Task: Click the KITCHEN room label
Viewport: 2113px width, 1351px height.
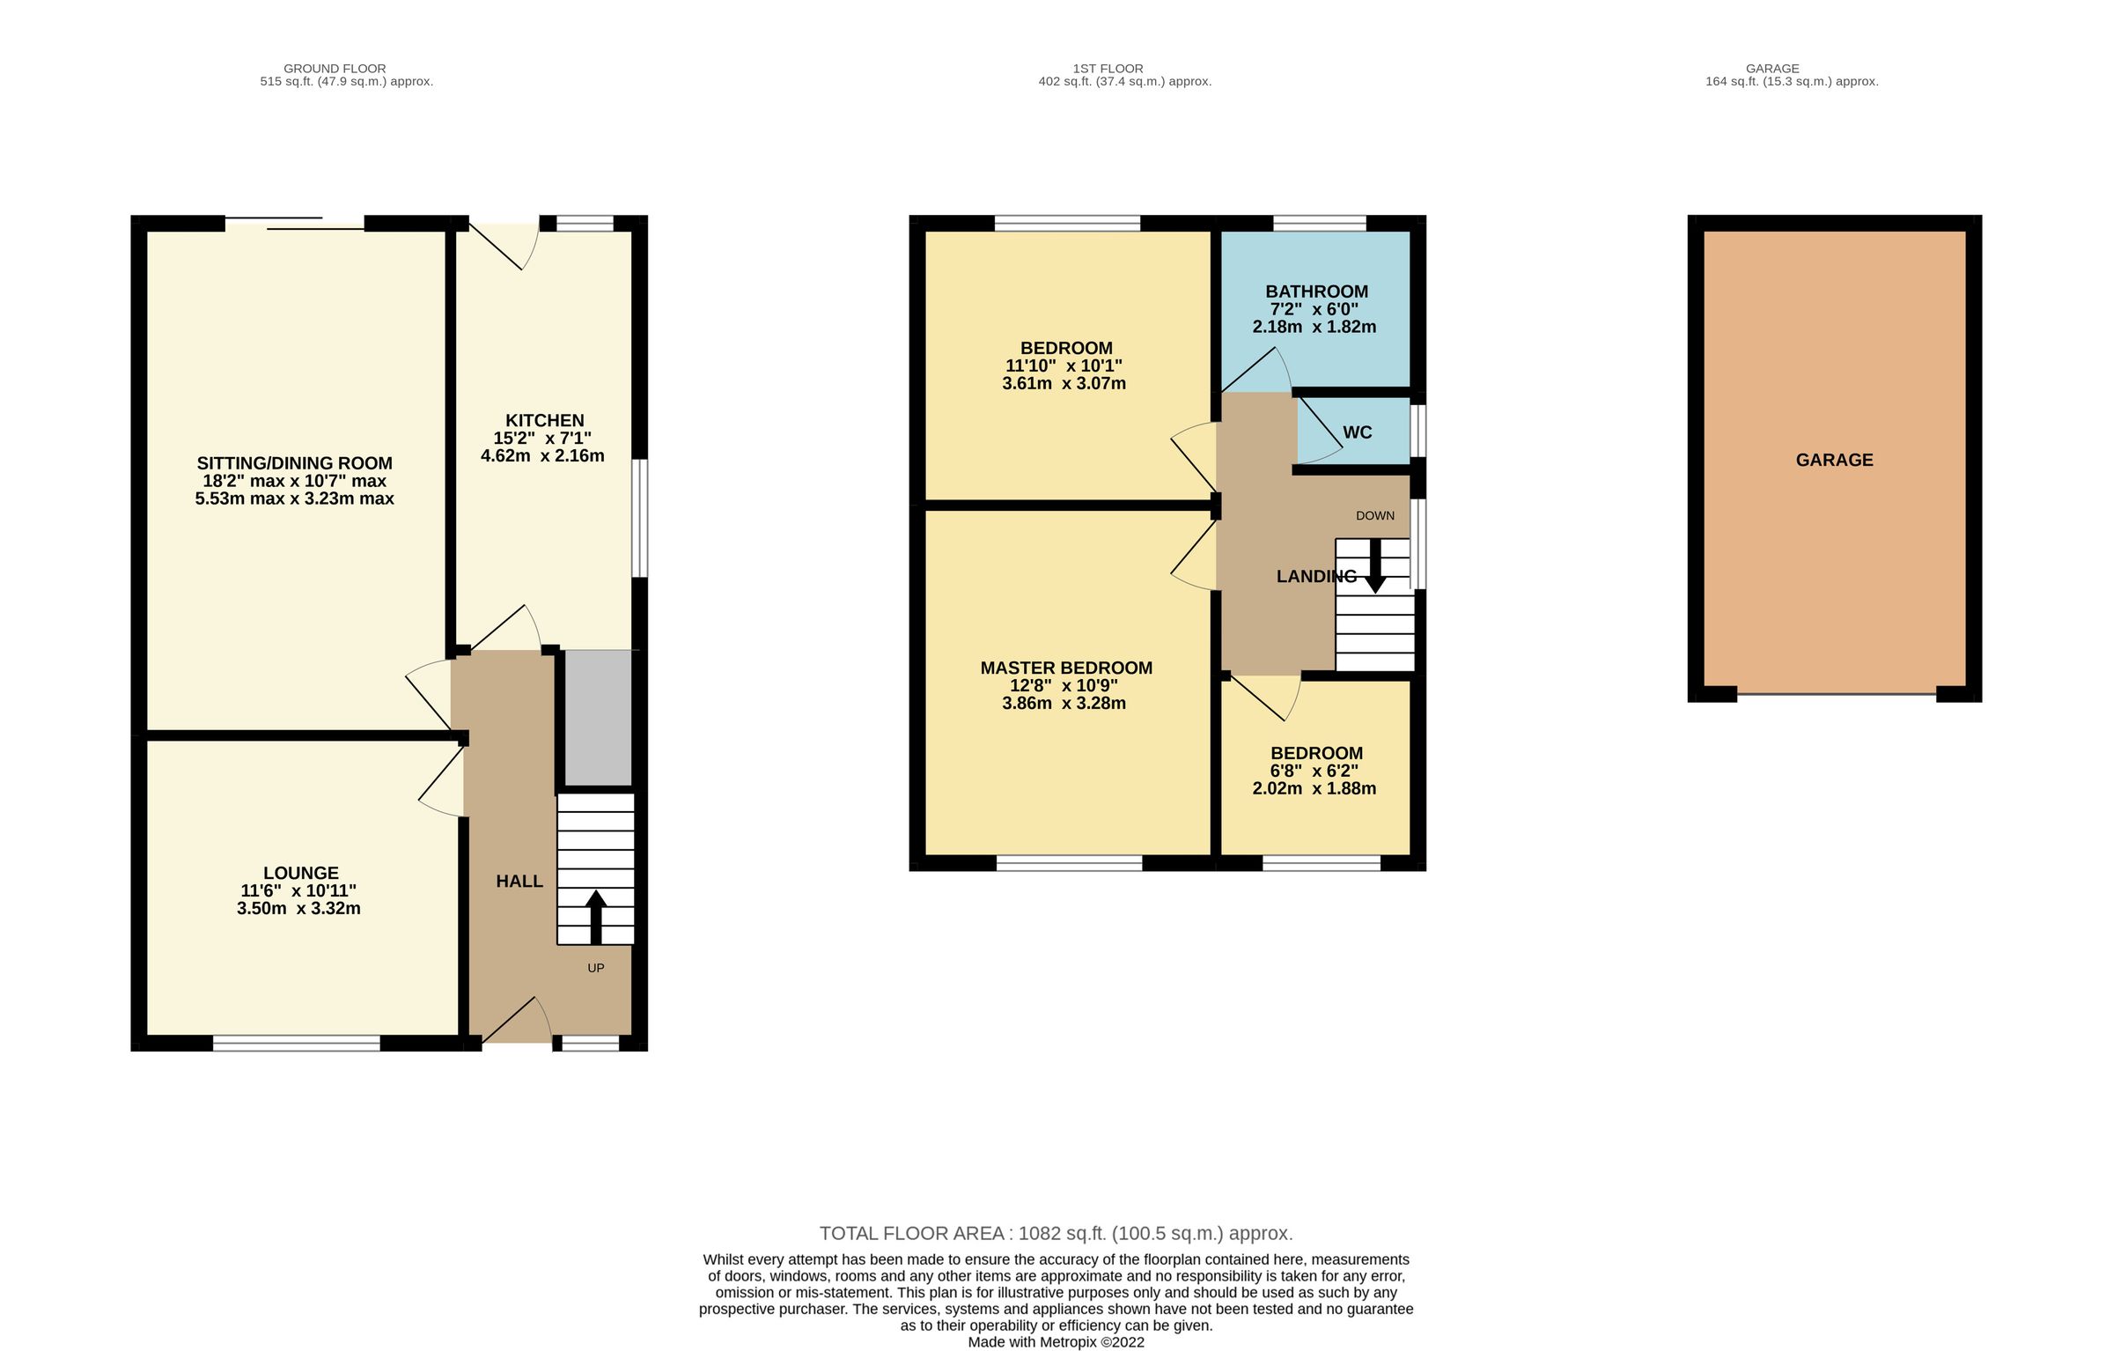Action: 544,421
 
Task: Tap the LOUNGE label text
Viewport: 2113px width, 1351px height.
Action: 300,873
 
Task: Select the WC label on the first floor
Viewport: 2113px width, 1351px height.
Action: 1357,432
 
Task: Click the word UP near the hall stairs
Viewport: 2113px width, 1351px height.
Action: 595,968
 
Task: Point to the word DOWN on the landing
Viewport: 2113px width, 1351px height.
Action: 1374,515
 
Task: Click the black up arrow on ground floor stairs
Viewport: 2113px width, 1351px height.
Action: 595,916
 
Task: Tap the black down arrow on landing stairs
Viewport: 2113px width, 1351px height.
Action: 1374,566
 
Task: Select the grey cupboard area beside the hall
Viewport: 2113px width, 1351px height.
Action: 598,717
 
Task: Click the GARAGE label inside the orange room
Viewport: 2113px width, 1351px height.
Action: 1834,460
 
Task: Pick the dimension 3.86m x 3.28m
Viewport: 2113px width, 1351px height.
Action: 1064,703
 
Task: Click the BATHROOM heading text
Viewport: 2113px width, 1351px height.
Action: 1316,292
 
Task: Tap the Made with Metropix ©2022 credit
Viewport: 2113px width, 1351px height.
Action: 1056,1342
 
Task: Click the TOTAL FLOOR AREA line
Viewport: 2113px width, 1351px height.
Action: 1056,1233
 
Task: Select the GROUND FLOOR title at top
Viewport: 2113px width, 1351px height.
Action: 335,68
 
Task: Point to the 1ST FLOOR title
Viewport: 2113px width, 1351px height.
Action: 1108,68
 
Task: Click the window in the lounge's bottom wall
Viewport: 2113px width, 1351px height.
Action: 296,1043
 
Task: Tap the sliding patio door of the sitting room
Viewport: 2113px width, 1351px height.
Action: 295,224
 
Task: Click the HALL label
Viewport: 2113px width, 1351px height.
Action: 519,882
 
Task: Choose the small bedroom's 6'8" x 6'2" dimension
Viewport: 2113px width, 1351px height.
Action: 1314,771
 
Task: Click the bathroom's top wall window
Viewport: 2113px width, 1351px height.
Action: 1319,223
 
